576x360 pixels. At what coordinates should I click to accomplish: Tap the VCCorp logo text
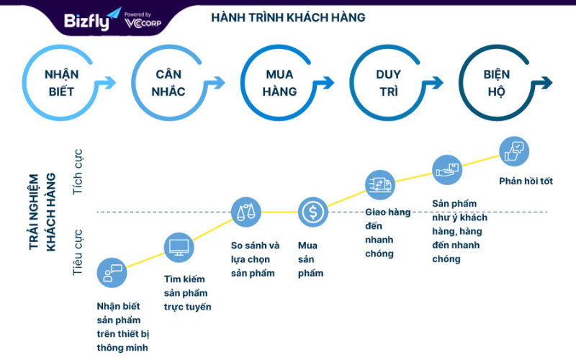coord(143,23)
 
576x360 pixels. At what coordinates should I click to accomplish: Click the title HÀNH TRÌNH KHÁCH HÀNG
coord(288,17)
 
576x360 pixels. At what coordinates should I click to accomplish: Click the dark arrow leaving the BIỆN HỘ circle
coord(544,83)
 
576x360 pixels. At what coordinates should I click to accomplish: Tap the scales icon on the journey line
coord(246,212)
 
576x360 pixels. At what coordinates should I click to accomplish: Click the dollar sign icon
coord(312,212)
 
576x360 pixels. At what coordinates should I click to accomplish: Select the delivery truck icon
coord(380,185)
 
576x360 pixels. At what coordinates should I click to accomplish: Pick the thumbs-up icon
coord(514,151)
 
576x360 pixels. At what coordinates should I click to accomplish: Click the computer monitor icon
coord(179,247)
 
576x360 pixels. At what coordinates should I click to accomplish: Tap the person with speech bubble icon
coord(112,273)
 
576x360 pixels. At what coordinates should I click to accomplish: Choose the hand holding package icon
coord(446,170)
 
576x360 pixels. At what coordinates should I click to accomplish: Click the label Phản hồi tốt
coord(526,181)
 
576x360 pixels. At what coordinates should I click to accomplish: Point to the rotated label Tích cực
coord(78,172)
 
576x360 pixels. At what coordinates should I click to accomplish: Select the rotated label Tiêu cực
coord(78,253)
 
